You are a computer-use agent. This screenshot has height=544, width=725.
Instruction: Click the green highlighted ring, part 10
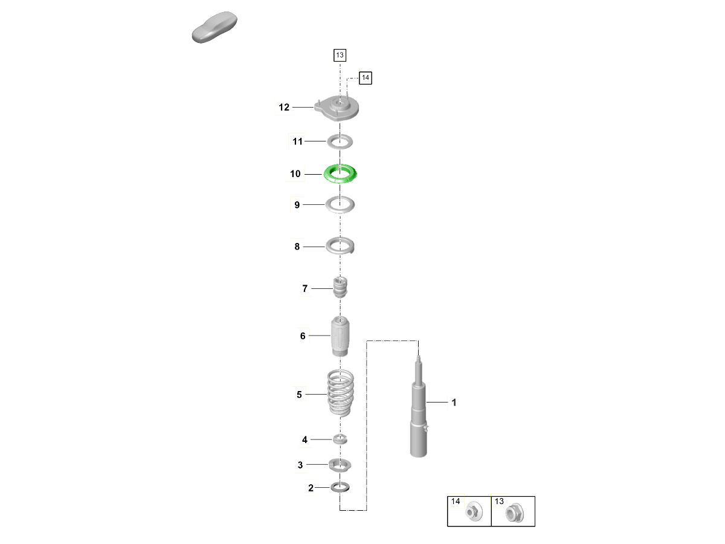(x=340, y=180)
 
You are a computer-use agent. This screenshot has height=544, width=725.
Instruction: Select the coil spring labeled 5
(x=340, y=393)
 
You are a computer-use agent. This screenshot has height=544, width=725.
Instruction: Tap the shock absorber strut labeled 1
(x=419, y=413)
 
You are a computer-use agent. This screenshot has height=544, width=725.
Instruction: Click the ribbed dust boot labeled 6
(x=340, y=336)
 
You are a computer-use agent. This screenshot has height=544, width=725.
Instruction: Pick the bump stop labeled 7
(x=340, y=287)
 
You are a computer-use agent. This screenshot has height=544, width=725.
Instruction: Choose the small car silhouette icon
(x=214, y=27)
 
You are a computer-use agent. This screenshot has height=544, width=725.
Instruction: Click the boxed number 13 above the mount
(x=340, y=55)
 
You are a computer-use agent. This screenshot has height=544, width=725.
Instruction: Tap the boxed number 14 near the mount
(x=366, y=78)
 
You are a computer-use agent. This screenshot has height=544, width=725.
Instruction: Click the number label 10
(x=295, y=173)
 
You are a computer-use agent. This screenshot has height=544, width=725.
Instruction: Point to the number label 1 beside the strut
(x=454, y=403)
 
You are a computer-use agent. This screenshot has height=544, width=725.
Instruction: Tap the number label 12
(x=284, y=107)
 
